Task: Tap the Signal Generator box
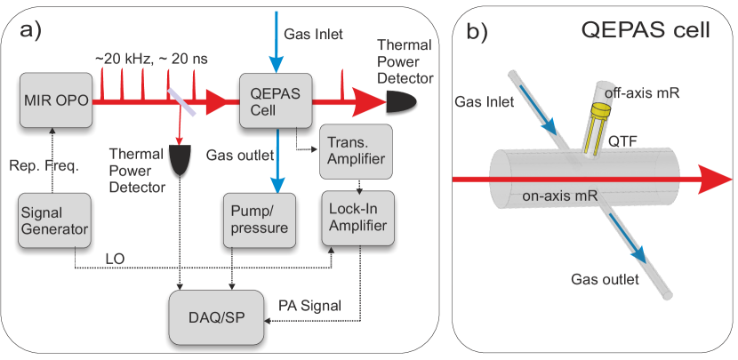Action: point(53,221)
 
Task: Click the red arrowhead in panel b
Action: point(714,180)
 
